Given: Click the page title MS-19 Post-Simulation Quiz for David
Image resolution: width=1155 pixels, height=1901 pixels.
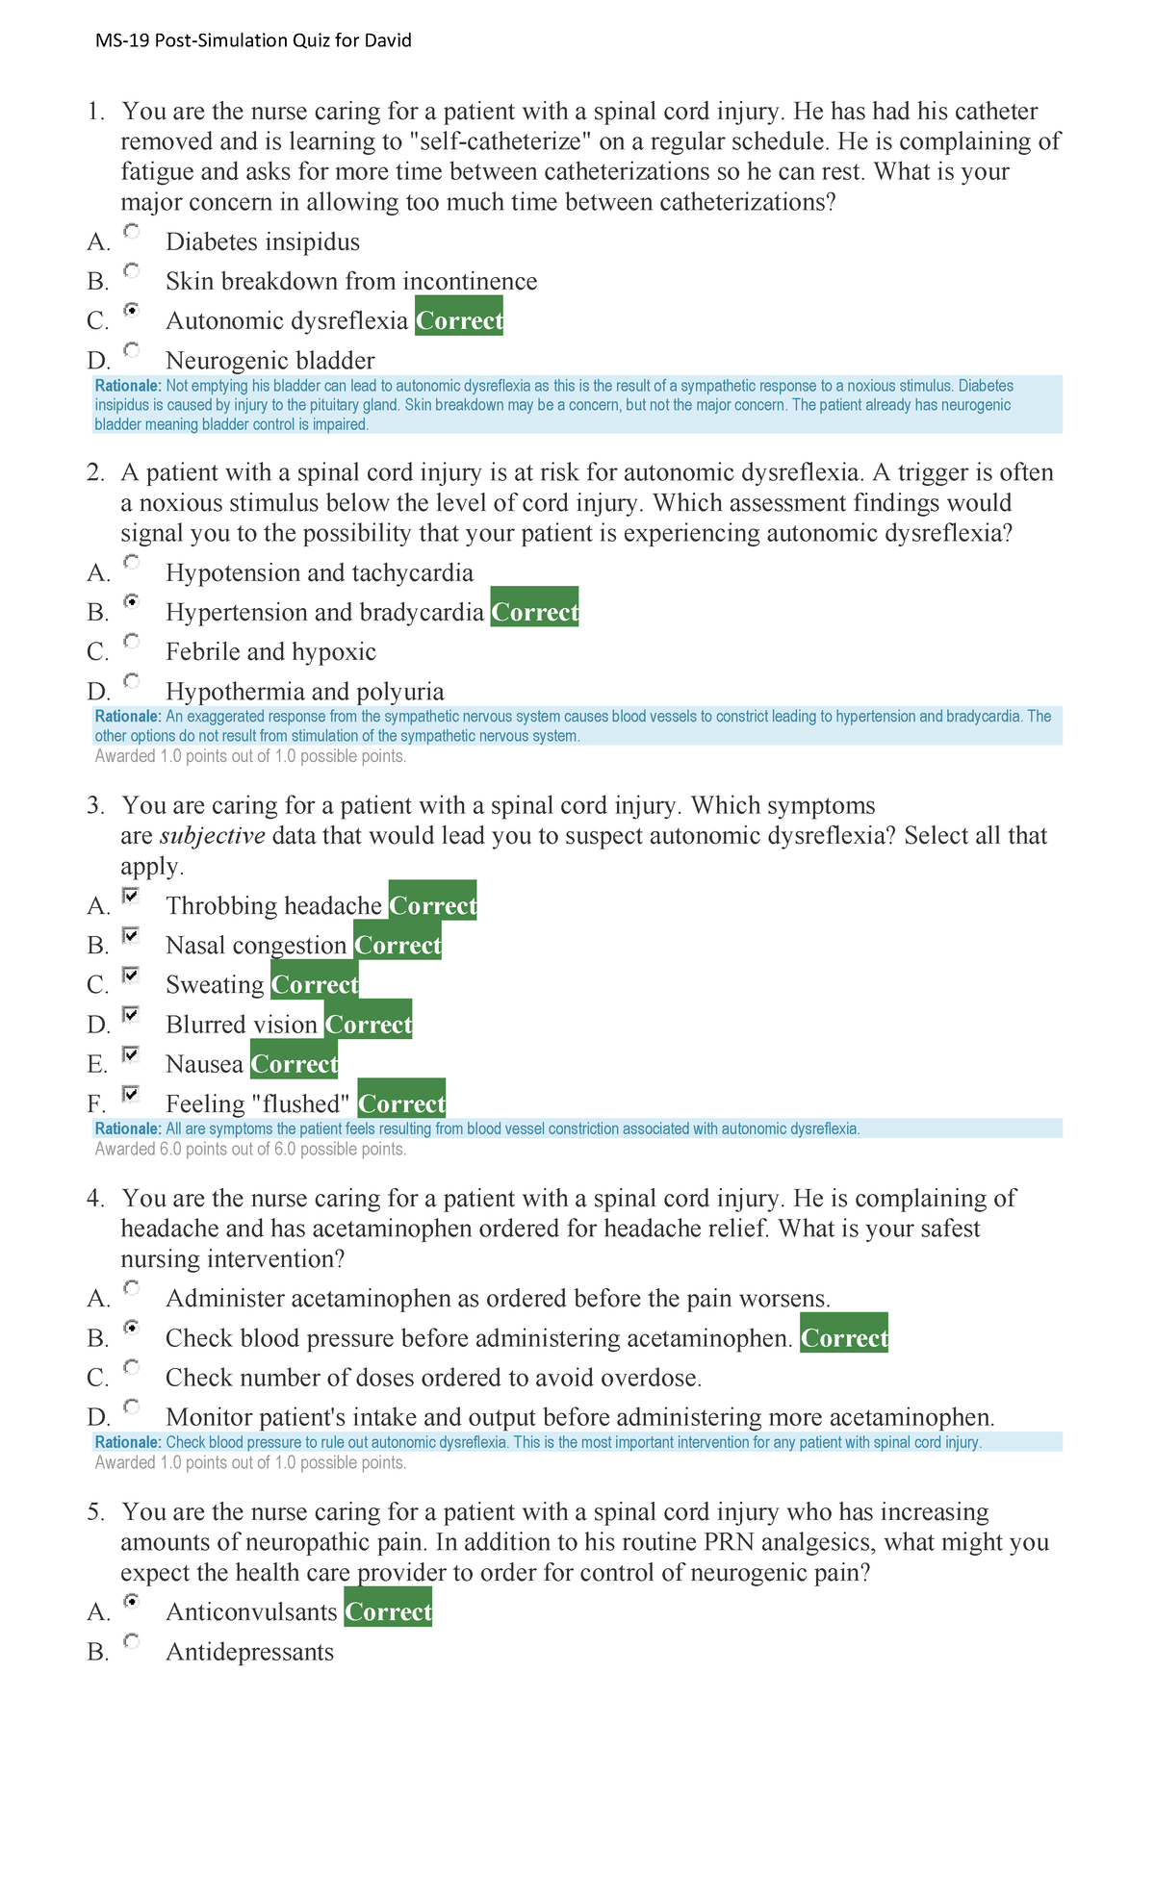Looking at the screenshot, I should (x=253, y=40).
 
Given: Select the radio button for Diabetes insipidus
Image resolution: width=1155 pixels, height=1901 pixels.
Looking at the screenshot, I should (x=132, y=231).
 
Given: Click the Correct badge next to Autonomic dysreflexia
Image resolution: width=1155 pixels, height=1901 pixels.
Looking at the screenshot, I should (x=459, y=320).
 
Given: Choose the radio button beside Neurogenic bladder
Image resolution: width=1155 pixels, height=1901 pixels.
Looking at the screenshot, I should (x=132, y=349).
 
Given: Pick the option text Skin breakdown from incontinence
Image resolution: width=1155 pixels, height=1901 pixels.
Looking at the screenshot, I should (x=351, y=281).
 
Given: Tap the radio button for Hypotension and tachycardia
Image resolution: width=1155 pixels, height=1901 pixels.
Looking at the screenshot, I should (x=132, y=562).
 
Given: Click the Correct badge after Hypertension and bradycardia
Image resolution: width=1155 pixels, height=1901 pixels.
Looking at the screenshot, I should (x=534, y=612).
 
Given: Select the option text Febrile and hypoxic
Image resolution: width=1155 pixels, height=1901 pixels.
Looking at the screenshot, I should (x=270, y=651).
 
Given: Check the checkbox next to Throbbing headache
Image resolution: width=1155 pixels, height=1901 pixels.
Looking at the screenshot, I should (x=132, y=896).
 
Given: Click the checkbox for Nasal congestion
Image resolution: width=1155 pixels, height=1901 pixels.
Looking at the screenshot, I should (x=132, y=935).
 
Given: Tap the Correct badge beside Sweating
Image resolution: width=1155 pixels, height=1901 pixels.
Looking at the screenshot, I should (x=315, y=984).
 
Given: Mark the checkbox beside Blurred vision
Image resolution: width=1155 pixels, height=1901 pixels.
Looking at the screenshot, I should (x=132, y=1014).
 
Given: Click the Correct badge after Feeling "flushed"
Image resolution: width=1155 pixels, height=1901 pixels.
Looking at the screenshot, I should (x=401, y=1103).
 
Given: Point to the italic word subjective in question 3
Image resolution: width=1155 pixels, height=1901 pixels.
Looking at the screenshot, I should (x=212, y=835).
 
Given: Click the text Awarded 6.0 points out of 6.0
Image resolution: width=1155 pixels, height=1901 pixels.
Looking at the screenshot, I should (x=250, y=1149).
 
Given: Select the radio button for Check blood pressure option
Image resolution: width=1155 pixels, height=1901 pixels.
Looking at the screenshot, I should (x=132, y=1328).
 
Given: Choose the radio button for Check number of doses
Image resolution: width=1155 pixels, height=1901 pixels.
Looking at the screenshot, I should (x=132, y=1367).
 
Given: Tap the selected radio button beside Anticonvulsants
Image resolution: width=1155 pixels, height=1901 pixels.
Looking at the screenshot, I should (x=132, y=1601).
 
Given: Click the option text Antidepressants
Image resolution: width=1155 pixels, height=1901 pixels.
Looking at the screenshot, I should (x=249, y=1652).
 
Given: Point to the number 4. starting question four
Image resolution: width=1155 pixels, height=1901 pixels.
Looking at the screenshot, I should (x=95, y=1198).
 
